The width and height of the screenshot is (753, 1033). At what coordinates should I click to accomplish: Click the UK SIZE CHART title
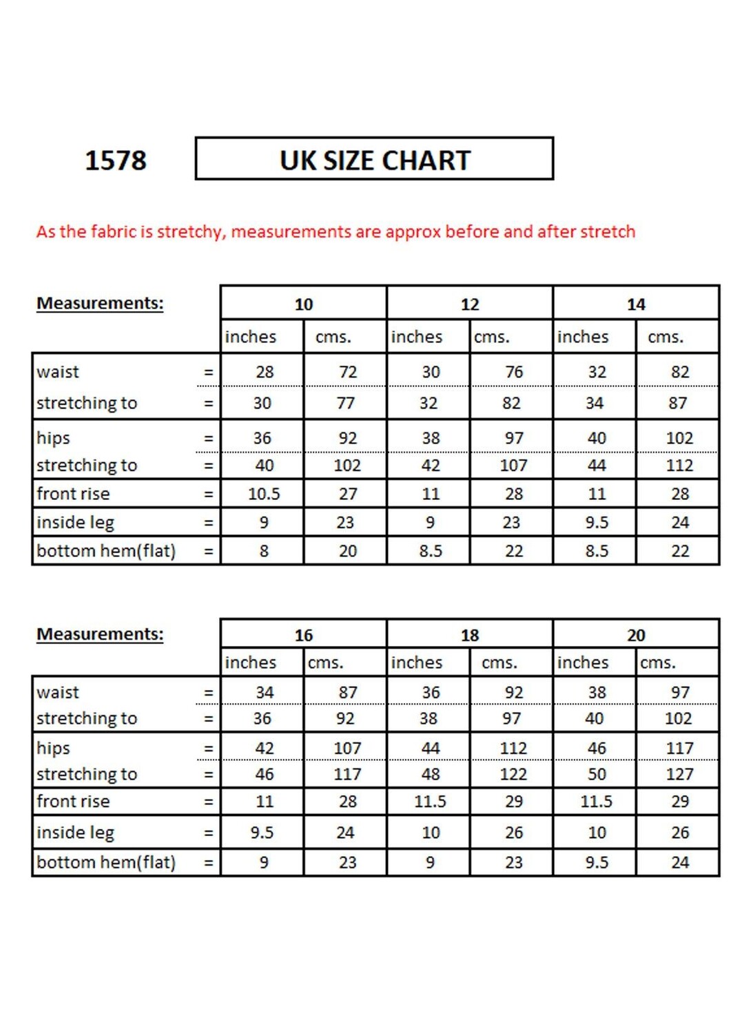(x=375, y=160)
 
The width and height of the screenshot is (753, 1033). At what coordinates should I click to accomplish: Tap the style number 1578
(x=116, y=160)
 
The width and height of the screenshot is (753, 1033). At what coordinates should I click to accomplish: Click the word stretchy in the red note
(x=190, y=231)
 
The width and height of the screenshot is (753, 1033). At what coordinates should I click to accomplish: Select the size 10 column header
(x=303, y=304)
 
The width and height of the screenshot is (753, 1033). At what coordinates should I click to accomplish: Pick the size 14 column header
(x=635, y=304)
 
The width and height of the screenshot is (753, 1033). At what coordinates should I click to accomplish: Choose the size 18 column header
(x=469, y=634)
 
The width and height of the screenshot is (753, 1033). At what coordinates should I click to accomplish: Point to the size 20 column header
(x=635, y=634)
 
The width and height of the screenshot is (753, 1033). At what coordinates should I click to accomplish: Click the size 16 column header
(x=303, y=634)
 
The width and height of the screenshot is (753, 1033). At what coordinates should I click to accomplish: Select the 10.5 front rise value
(x=264, y=494)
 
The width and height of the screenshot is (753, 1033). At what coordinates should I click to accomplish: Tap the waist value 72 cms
(x=348, y=372)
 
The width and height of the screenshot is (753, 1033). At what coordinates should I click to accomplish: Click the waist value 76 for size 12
(x=514, y=372)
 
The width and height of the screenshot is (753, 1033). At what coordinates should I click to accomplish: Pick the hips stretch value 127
(x=679, y=774)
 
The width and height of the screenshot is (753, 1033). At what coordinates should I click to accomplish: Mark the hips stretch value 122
(x=513, y=774)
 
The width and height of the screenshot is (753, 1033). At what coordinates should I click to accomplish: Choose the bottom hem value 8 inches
(x=264, y=551)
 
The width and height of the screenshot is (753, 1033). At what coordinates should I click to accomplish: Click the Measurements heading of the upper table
(x=100, y=303)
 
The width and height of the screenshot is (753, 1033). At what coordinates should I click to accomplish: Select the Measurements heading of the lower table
(x=100, y=634)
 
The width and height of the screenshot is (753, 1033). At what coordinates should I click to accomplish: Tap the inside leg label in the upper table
(x=75, y=523)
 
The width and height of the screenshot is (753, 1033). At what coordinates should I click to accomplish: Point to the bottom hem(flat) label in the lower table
(x=106, y=862)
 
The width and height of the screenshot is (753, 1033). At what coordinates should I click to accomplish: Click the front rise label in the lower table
(x=73, y=802)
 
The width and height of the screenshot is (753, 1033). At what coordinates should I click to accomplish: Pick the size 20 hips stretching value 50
(x=597, y=774)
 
